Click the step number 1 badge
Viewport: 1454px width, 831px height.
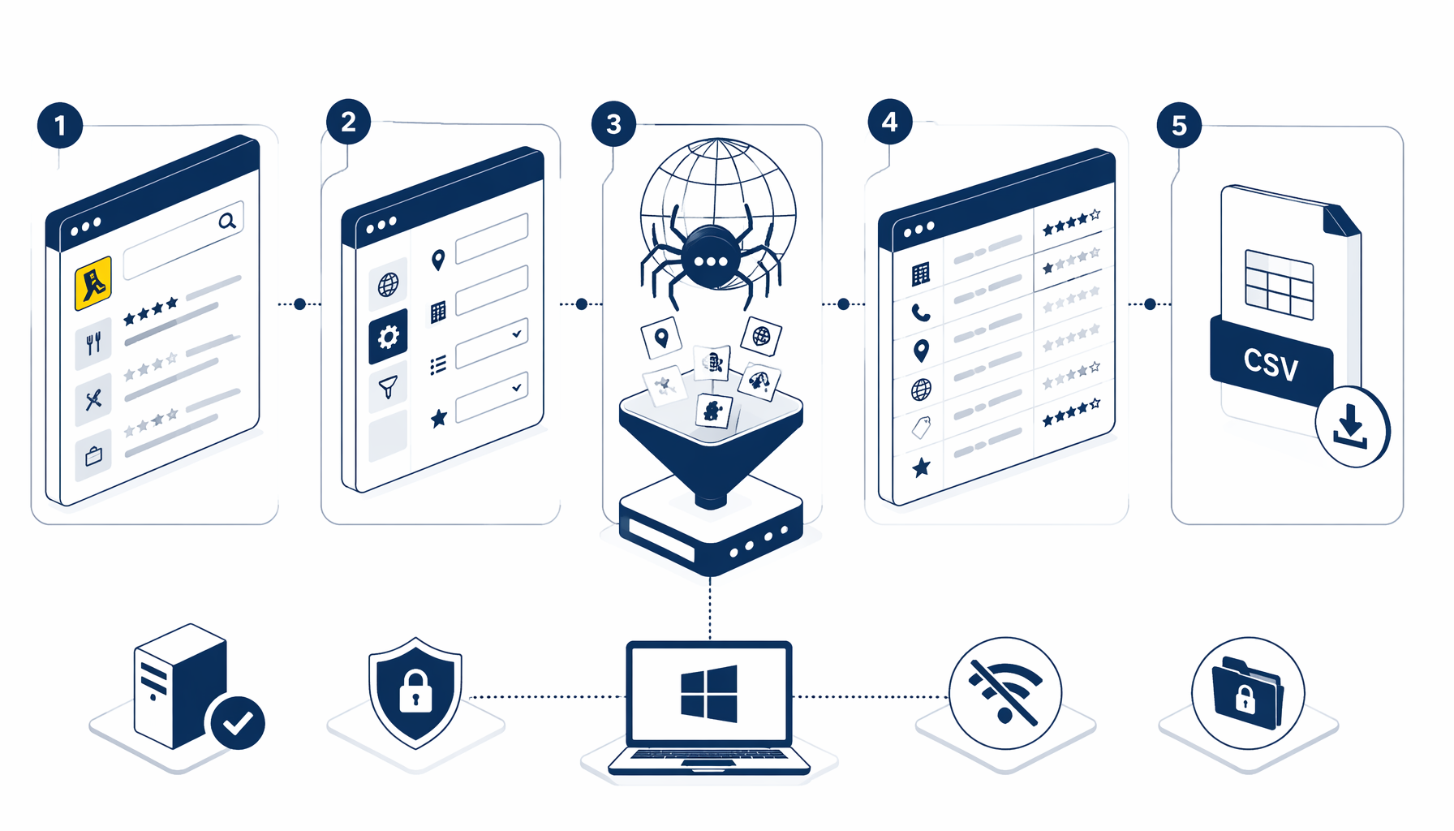tap(60, 125)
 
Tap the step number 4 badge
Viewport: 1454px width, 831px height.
tap(890, 122)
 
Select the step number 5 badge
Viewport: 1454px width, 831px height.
tap(1179, 125)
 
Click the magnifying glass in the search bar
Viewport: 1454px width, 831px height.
tap(227, 220)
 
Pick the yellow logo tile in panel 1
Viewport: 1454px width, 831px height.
tap(93, 283)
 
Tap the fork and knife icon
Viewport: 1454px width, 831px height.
tap(93, 344)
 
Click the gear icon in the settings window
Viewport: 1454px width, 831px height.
tap(388, 336)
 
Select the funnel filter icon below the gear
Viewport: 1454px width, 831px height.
tap(388, 387)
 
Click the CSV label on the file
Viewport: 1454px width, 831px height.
tap(1271, 364)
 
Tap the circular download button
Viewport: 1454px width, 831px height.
tap(1352, 427)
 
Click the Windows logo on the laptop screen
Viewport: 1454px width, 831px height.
tap(709, 694)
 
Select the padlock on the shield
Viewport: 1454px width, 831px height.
tap(415, 691)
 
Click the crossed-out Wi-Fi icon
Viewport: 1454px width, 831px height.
tap(1005, 692)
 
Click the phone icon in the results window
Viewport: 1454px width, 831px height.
tap(921, 312)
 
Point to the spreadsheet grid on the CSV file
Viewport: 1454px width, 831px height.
tap(1280, 285)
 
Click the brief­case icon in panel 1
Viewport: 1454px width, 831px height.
tap(93, 456)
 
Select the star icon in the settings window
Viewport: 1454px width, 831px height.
tap(439, 418)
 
